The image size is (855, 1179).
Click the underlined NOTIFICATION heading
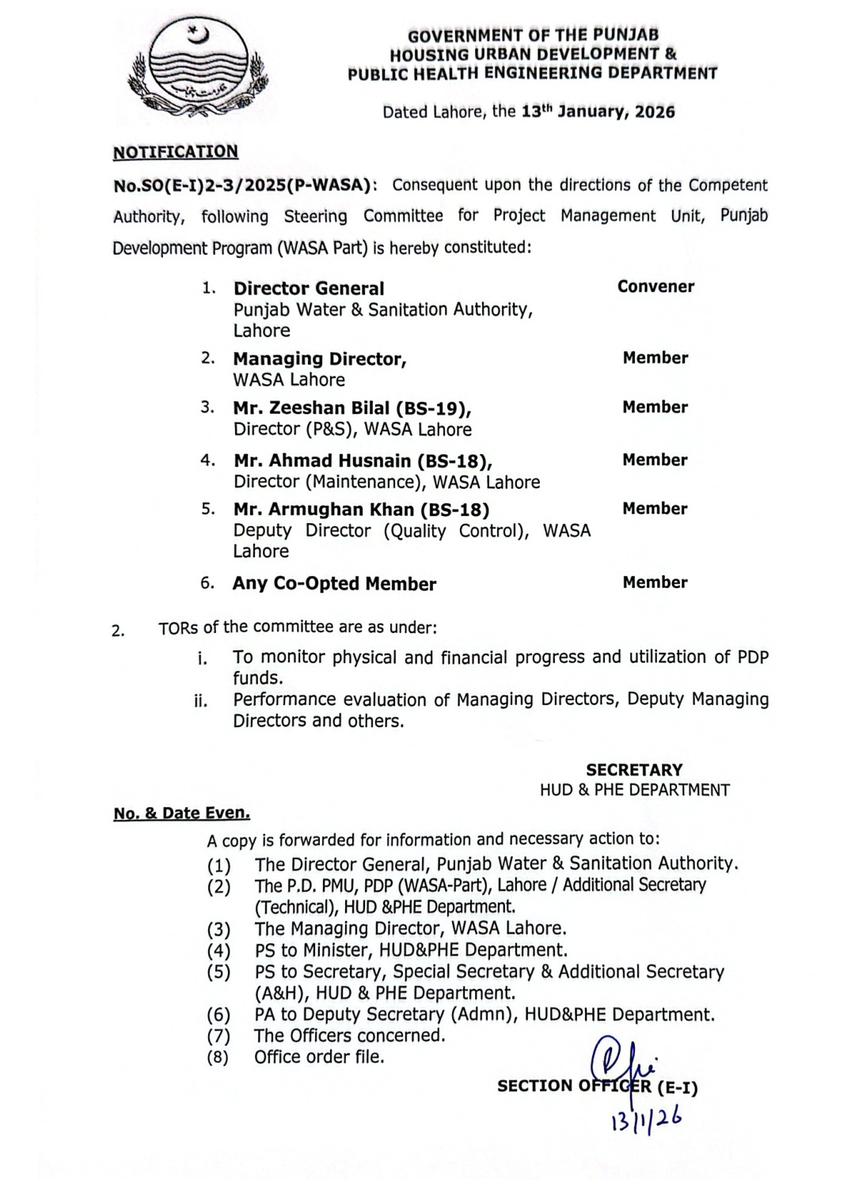pyautogui.click(x=175, y=152)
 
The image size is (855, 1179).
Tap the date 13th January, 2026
pyautogui.click(x=598, y=112)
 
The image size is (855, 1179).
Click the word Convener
pyautogui.click(x=655, y=287)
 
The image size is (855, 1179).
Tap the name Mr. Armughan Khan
pyautogui.click(x=324, y=510)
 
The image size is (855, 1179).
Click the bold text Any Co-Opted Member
pyautogui.click(x=334, y=584)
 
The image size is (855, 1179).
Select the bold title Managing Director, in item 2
pyautogui.click(x=320, y=359)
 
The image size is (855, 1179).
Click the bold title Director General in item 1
pyautogui.click(x=309, y=289)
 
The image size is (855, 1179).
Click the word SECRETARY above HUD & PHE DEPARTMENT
pyautogui.click(x=634, y=770)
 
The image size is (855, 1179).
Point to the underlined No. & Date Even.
pyautogui.click(x=182, y=813)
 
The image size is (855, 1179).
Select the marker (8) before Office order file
pyautogui.click(x=218, y=1057)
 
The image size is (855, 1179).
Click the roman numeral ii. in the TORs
pyautogui.click(x=201, y=700)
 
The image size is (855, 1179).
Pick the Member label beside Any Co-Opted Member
pyautogui.click(x=655, y=582)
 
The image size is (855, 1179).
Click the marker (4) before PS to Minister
pyautogui.click(x=218, y=950)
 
